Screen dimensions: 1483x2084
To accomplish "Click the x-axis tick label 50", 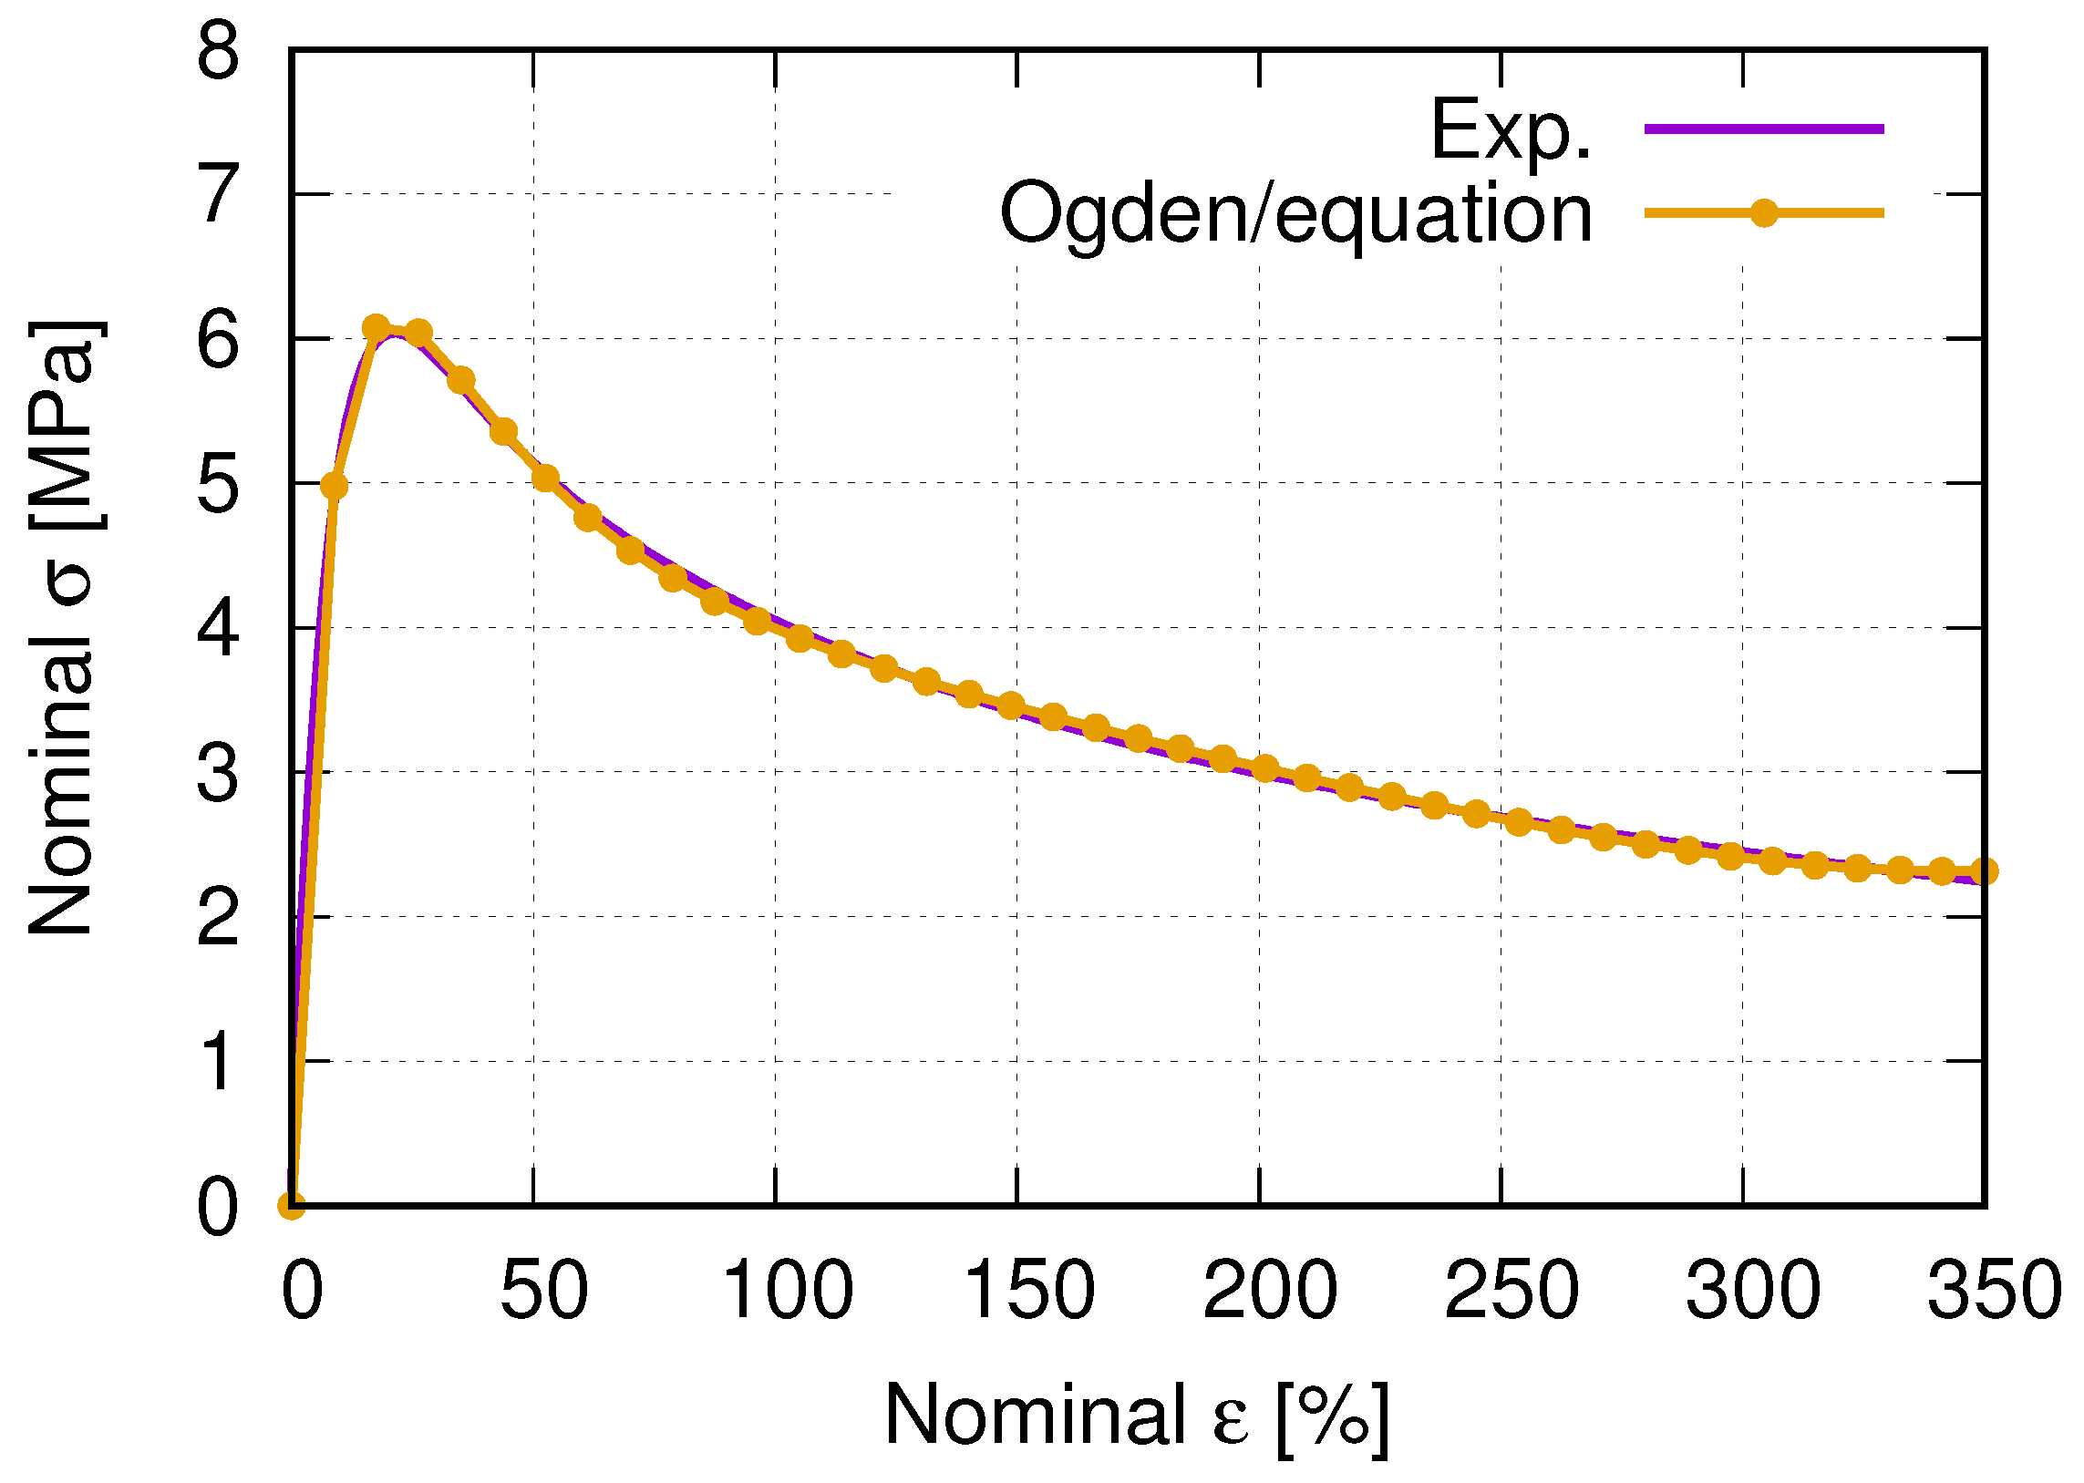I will point(543,1290).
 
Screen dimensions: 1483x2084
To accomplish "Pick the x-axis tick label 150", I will point(1028,1290).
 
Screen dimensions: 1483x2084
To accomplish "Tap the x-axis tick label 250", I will point(1511,1290).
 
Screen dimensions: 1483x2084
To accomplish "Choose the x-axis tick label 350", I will point(1995,1290).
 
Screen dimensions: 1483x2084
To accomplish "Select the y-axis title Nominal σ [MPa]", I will point(64,627).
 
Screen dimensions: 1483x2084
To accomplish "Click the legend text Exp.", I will point(1511,129).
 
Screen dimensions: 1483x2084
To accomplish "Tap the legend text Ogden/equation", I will point(1295,213).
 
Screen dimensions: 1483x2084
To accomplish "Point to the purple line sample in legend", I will point(1763,129).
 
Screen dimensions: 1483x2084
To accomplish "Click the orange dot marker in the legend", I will point(1763,213).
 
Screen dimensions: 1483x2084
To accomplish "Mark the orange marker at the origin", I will point(292,1205).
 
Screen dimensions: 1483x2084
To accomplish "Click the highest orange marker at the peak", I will point(376,327).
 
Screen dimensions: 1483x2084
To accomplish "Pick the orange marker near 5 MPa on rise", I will point(335,486).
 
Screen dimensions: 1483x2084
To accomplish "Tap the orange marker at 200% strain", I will point(1264,769).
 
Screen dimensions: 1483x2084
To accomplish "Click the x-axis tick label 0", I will point(303,1290).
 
